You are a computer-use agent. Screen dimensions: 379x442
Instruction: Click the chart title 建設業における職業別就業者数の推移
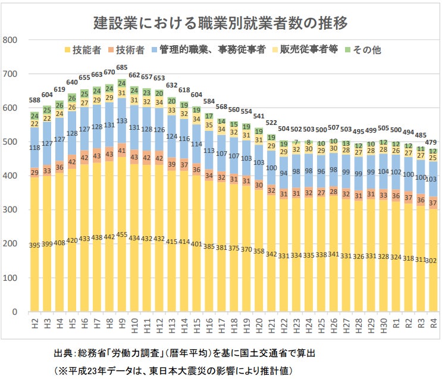[x=221, y=23]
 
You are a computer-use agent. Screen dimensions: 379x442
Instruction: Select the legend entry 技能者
[x=83, y=51]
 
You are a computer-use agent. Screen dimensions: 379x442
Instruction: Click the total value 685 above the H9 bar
[x=122, y=67]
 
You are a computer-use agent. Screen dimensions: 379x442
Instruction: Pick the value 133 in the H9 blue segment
[x=121, y=121]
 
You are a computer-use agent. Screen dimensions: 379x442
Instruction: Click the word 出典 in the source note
[x=62, y=353]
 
